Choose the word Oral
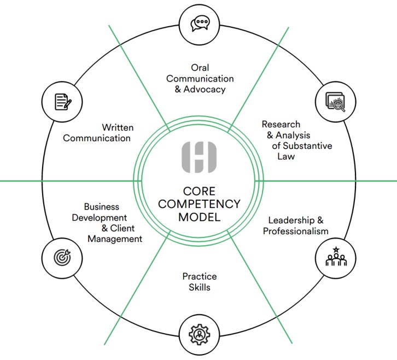(x=200, y=67)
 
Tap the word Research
(x=281, y=124)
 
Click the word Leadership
(x=291, y=220)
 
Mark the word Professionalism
(x=295, y=231)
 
